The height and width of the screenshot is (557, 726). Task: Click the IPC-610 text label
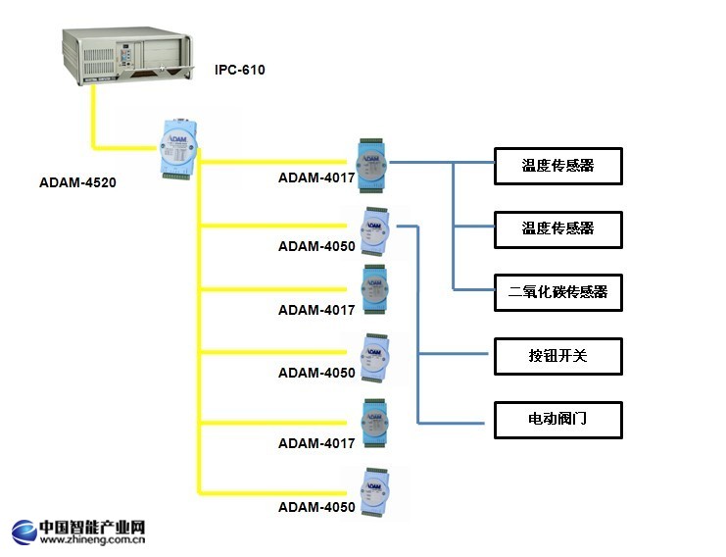(240, 71)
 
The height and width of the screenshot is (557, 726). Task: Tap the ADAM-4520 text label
(78, 181)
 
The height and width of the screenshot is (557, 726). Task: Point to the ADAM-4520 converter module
(178, 148)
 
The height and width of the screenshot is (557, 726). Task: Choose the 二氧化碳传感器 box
(557, 291)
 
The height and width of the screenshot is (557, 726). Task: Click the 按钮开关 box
(557, 355)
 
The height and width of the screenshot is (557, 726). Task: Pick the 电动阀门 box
(557, 419)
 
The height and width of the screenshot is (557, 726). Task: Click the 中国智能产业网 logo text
(92, 527)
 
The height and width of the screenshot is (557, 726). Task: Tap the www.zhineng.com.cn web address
(92, 538)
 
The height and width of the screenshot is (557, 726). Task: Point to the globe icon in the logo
(24, 532)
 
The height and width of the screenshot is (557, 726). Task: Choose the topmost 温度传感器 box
(557, 166)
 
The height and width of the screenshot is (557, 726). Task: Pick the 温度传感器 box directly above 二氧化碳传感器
(557, 228)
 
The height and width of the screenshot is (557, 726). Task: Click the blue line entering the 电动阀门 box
(456, 423)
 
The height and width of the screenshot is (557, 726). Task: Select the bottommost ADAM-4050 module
(374, 491)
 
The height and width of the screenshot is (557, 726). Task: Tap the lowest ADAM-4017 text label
(316, 443)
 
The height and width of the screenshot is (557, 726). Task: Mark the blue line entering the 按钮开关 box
(456, 354)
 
